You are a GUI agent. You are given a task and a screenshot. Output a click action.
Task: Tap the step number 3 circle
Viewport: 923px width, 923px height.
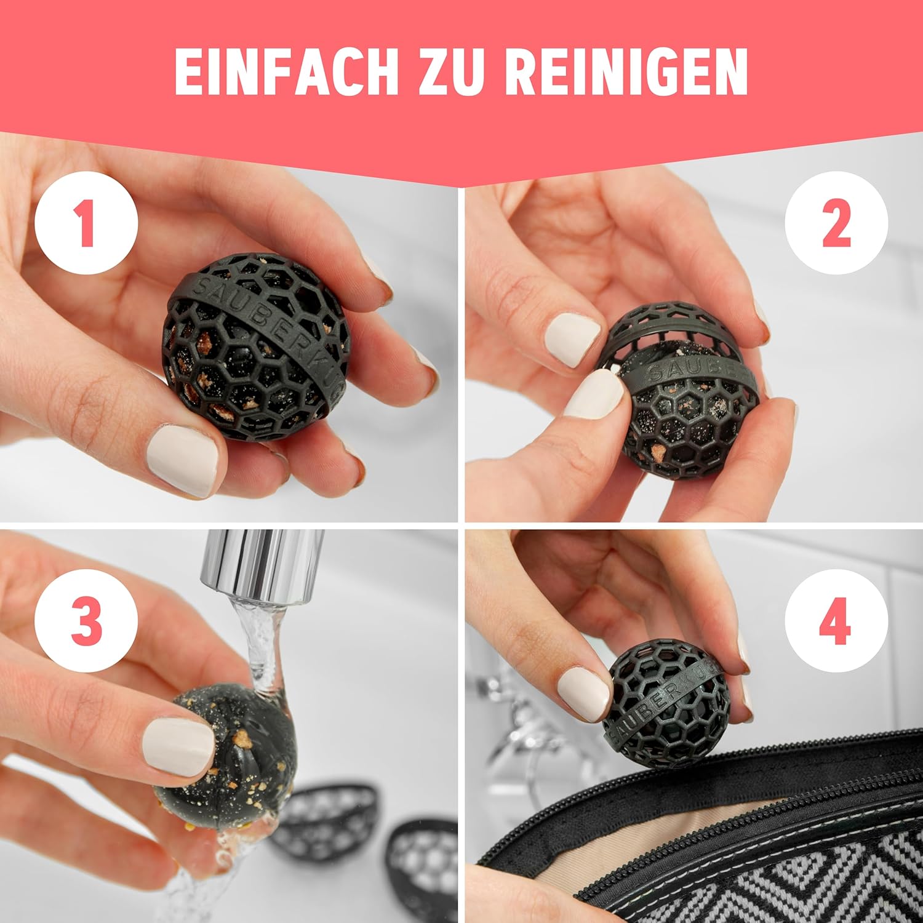(86, 621)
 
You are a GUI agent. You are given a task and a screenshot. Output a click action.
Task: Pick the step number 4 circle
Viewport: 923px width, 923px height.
(836, 621)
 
